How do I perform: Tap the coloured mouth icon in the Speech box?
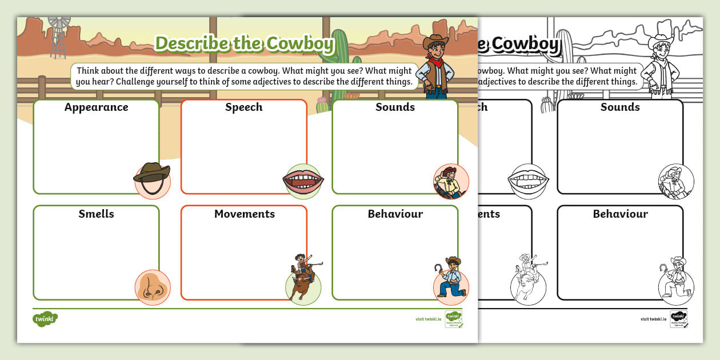click(303, 181)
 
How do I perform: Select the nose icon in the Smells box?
click(153, 287)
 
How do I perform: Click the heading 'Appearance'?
click(96, 107)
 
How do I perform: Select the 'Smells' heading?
click(96, 214)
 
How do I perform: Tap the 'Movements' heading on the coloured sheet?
click(244, 214)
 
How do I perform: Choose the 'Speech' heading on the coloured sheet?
click(243, 107)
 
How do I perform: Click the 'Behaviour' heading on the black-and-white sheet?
click(620, 214)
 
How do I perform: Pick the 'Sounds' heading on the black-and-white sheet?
click(620, 107)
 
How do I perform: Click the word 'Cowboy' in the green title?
click(297, 44)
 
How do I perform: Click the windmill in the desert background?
click(58, 35)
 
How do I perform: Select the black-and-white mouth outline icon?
click(528, 181)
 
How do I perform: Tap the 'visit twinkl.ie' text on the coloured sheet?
click(428, 319)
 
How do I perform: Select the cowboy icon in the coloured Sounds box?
click(450, 181)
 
